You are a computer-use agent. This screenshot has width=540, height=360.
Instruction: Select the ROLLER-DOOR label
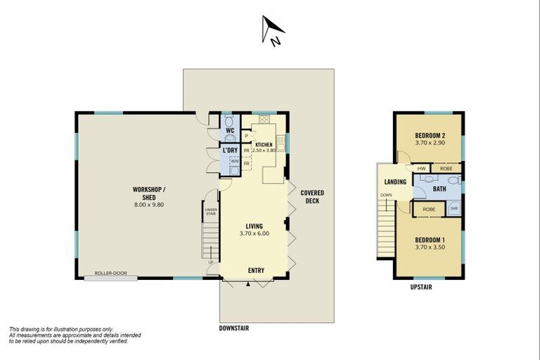point(110,274)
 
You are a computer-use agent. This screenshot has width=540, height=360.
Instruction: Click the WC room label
point(230,130)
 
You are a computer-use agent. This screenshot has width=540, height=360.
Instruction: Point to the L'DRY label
point(229,150)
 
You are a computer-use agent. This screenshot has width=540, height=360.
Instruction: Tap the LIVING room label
point(254,226)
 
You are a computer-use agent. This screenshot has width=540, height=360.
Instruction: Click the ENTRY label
point(256,270)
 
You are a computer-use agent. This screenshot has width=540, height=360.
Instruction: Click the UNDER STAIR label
point(210,211)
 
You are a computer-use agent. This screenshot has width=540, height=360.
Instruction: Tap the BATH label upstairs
point(439,188)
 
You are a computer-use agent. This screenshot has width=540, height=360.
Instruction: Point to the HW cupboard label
point(420,169)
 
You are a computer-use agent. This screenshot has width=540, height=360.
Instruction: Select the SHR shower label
point(454,209)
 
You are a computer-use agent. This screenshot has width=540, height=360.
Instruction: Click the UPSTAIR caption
point(420,287)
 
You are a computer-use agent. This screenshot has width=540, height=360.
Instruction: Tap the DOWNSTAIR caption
point(234,328)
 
